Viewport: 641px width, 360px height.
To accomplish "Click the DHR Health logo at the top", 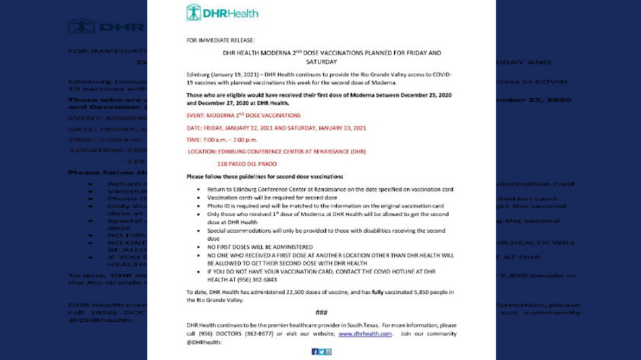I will (x=222, y=12).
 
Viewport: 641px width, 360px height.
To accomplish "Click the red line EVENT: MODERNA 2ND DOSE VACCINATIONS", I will (x=243, y=115).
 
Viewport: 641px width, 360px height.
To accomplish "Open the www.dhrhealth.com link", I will (x=366, y=333).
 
